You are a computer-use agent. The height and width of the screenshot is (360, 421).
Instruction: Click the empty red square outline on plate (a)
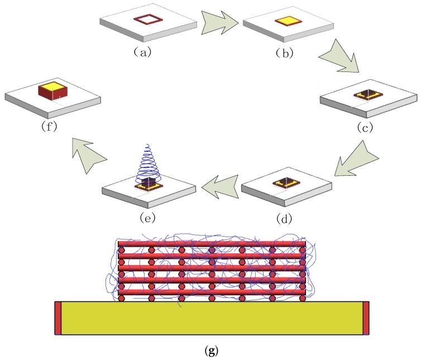pos(149,21)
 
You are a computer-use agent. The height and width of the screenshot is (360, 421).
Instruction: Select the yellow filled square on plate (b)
pos(289,22)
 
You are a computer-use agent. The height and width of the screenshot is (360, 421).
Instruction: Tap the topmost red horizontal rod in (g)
pos(212,244)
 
